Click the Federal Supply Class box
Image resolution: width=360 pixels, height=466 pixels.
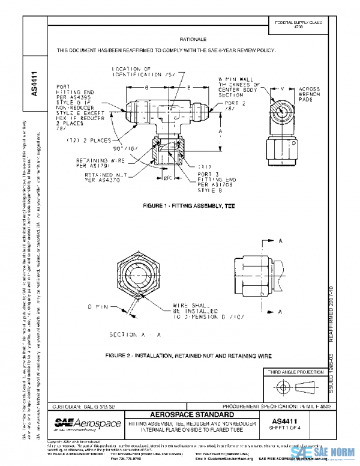(298, 25)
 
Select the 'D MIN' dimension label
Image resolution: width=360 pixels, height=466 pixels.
(97, 307)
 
